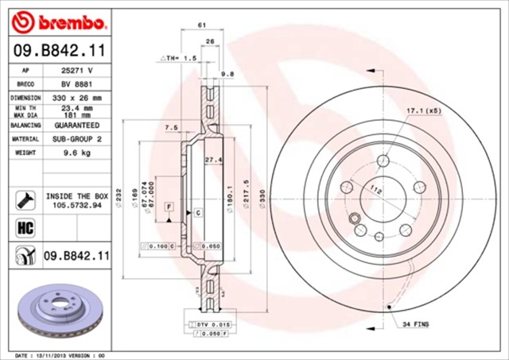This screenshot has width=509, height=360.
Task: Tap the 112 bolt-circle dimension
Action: click(376, 190)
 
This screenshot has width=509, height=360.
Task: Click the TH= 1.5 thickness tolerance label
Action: click(180, 59)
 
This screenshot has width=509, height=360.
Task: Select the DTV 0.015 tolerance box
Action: click(206, 325)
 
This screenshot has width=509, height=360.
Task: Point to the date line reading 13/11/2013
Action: click(60, 355)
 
